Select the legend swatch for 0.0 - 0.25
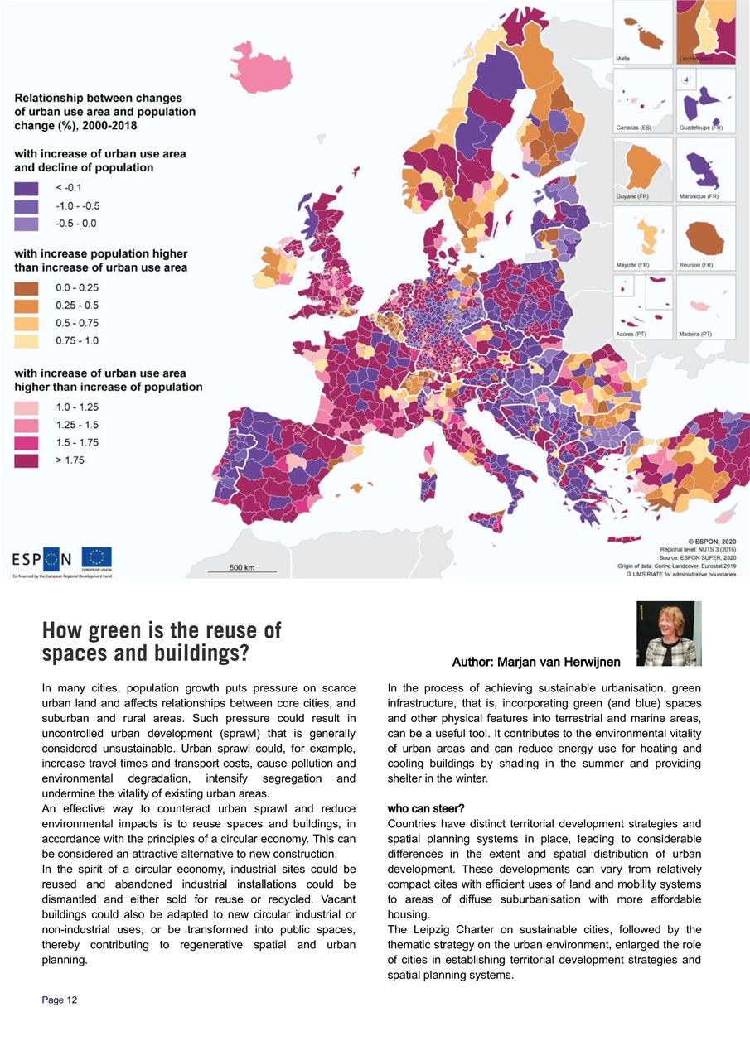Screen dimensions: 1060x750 click(x=27, y=288)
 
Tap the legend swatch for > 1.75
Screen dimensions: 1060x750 click(x=27, y=460)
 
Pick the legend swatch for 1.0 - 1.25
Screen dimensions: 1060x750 click(x=27, y=407)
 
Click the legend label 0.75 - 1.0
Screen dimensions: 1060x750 click(x=77, y=340)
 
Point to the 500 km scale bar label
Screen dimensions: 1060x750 click(x=242, y=567)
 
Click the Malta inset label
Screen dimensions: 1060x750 click(x=623, y=59)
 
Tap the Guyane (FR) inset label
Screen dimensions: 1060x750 click(x=631, y=196)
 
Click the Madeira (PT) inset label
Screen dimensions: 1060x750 click(x=695, y=334)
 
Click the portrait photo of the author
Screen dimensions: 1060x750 click(x=669, y=634)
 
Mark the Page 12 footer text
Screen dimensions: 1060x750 click(x=60, y=1000)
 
